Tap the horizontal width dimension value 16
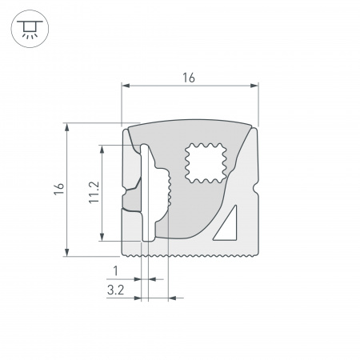tap(189, 78)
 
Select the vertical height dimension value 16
tap(58, 189)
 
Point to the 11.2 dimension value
tap(94, 192)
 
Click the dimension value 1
tap(116, 270)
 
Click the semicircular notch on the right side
tap(256, 191)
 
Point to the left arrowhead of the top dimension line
tap(125, 85)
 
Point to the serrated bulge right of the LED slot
tap(167, 192)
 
